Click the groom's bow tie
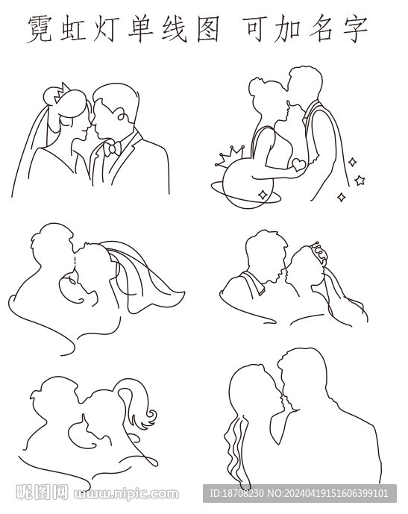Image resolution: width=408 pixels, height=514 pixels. [112, 148]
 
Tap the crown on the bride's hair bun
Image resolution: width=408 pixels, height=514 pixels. [62, 93]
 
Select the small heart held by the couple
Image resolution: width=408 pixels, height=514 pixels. [298, 164]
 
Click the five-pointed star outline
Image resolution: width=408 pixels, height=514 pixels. [360, 181]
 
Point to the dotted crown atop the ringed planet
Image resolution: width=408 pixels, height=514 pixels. [230, 156]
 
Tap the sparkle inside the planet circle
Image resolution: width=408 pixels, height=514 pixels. [263, 195]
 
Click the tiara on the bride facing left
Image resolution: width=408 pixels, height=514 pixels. [320, 252]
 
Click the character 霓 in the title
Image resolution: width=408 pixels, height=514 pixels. [40, 29]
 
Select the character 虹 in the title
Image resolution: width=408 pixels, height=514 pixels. [73, 29]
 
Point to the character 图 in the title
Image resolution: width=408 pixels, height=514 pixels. [208, 29]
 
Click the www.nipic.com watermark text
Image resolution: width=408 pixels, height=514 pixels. [127, 494]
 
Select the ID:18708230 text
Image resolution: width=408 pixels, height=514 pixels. [236, 494]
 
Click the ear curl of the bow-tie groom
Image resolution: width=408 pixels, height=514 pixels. [120, 115]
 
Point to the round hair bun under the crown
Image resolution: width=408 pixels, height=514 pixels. [52, 96]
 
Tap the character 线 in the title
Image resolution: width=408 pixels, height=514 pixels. [175, 29]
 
